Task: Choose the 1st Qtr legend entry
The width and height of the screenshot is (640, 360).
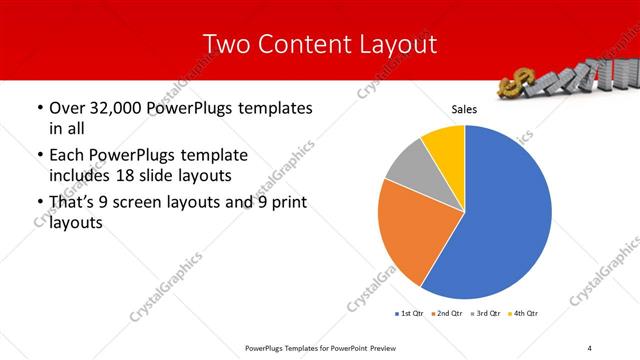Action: (410, 314)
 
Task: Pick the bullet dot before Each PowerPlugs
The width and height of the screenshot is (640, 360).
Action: (39, 156)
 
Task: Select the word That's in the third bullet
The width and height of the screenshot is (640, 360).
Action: (73, 205)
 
